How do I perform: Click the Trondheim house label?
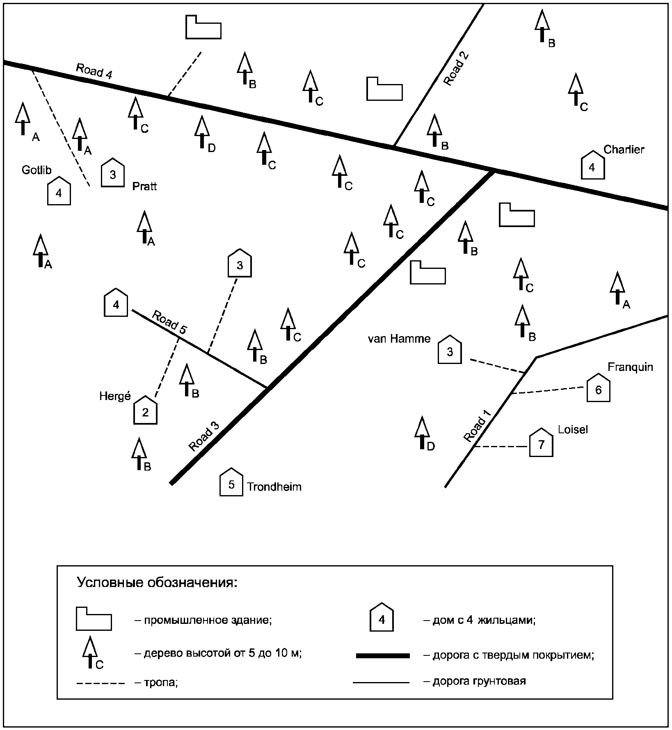point(274,487)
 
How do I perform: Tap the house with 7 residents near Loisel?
point(541,443)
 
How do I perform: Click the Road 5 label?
point(169,322)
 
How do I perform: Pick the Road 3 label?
point(204,436)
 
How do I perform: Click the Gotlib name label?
point(37,170)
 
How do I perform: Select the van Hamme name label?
point(399,339)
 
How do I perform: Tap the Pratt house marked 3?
point(113,174)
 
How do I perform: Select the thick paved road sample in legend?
point(383,656)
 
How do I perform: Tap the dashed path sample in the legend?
point(101,683)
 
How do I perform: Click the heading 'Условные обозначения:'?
point(157,582)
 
